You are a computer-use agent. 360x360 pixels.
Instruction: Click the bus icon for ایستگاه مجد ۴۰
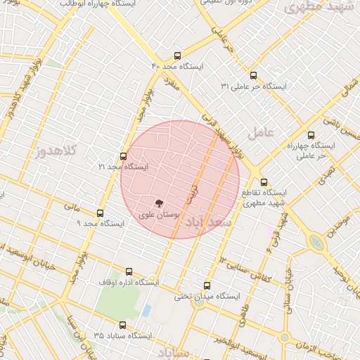pos(176,54)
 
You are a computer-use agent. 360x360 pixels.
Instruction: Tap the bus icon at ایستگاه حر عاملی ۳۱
pos(253,75)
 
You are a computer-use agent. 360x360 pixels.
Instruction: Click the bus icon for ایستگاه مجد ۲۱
pos(124,156)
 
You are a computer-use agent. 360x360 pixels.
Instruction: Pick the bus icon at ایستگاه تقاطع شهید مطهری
pos(264,182)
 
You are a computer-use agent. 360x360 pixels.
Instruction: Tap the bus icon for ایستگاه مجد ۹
pos(100,213)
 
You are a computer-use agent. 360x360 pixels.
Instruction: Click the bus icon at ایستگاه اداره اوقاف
pos(129,271)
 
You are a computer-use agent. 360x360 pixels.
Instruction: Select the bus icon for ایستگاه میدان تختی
pos(207,285)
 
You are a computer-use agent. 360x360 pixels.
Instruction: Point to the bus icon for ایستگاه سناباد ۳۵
pos(123,326)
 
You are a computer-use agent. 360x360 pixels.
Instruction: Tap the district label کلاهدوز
pos(52,150)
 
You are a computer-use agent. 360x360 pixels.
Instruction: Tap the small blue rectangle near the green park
pos(146,310)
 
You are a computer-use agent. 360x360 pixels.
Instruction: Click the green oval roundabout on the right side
pos(316,243)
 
